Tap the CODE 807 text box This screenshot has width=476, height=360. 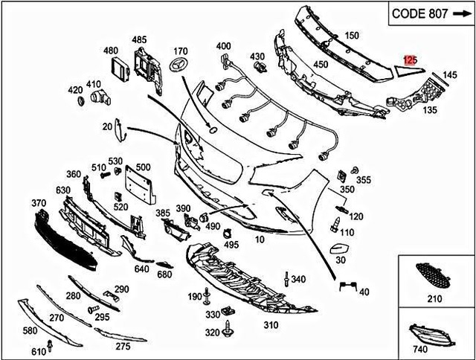click(x=426, y=15)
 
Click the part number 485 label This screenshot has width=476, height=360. click(x=139, y=39)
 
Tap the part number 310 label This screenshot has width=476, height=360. click(x=270, y=325)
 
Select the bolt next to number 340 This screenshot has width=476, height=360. click(x=286, y=280)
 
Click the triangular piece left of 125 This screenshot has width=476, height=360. click(x=394, y=71)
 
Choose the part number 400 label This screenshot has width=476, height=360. click(x=224, y=46)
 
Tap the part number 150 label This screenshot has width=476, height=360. click(x=351, y=35)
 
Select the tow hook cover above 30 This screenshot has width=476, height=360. click(x=338, y=248)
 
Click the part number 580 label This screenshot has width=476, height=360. click(x=30, y=330)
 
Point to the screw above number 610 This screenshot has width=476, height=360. click(x=49, y=343)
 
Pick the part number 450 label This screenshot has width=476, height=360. click(x=321, y=64)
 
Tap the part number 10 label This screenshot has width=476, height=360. click(x=259, y=240)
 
